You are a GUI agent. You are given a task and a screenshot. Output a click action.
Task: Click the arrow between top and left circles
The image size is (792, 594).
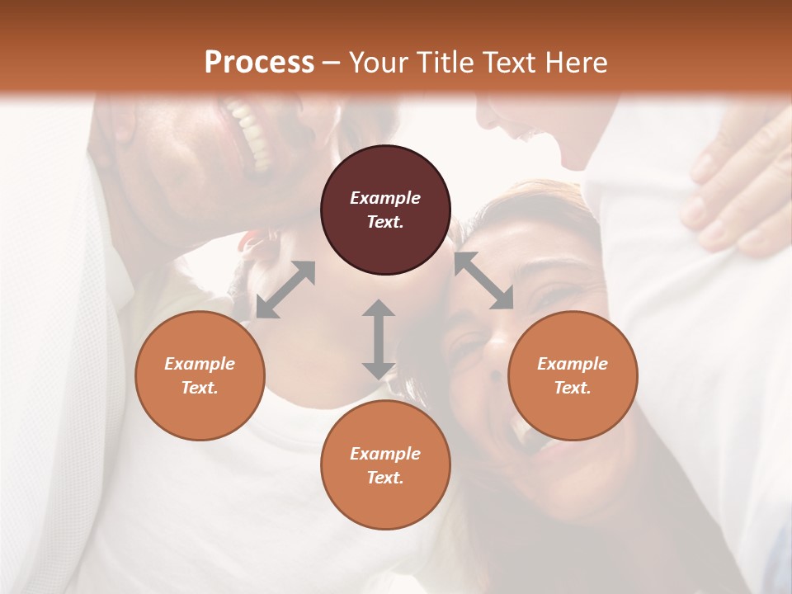285,289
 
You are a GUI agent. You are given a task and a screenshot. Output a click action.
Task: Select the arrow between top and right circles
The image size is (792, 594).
483,280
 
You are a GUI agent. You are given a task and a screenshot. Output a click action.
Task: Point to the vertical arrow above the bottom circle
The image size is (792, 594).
378,339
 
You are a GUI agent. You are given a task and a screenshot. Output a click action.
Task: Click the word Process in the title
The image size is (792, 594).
259,63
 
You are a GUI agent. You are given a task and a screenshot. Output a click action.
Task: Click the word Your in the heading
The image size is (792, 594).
377,63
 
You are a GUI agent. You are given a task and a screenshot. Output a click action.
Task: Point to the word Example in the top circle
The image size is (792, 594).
385,198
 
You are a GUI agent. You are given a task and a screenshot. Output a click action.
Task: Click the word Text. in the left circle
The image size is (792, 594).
200,388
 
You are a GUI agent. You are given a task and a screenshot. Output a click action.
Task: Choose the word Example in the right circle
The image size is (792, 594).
572,364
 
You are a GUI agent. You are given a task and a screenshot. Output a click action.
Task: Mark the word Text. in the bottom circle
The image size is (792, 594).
385,478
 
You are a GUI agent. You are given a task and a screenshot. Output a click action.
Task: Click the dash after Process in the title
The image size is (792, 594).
332,63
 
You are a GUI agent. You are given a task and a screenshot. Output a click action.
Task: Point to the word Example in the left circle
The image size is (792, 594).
200,364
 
